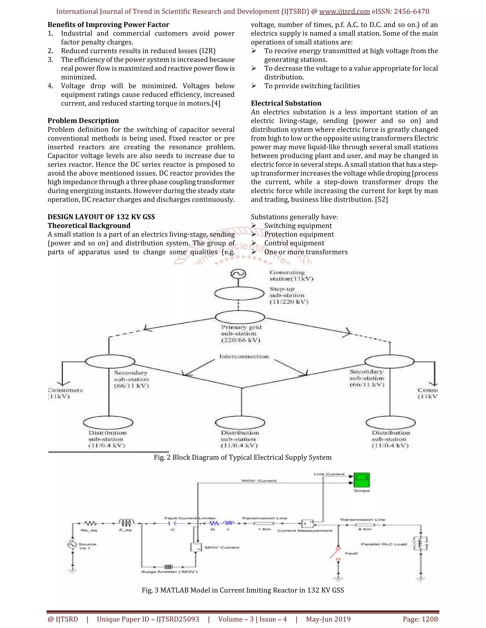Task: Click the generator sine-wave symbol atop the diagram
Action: (238, 274)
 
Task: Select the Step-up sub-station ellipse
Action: (239, 294)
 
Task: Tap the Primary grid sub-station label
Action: (241, 334)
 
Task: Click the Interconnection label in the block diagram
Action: (244, 357)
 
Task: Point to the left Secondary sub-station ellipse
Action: (110, 361)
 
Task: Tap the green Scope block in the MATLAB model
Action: (361, 480)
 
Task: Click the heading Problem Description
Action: (83, 121)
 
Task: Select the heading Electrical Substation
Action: (286, 103)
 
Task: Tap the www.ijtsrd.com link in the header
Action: (344, 12)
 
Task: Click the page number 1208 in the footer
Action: (430, 619)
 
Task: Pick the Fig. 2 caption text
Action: (243, 457)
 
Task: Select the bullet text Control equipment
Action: (294, 243)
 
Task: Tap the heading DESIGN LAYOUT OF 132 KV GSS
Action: (101, 217)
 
